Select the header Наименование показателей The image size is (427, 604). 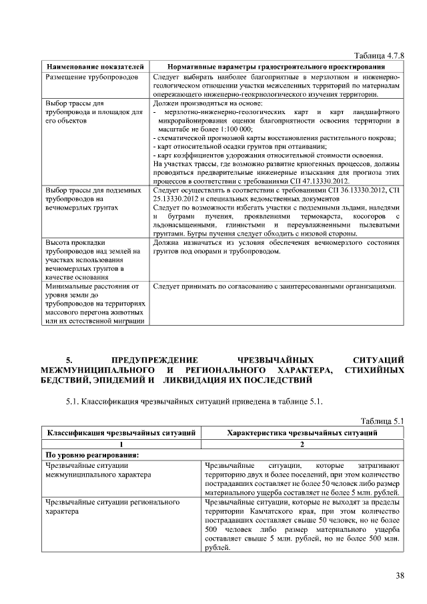click(x=94, y=67)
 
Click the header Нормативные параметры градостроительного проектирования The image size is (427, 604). click(x=275, y=67)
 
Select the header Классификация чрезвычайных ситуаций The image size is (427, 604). click(x=121, y=433)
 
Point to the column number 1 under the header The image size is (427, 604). click(x=121, y=444)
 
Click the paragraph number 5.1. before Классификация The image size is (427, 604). click(x=73, y=402)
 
